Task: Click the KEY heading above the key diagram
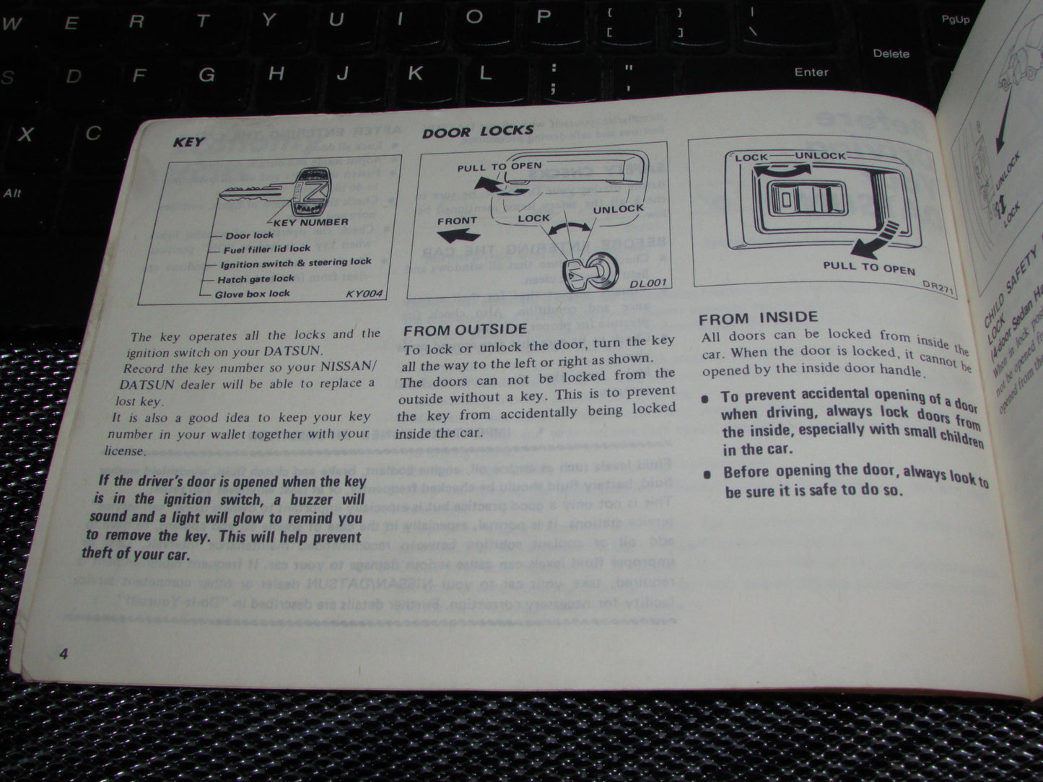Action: coord(188,142)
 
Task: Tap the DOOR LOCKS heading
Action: coord(478,131)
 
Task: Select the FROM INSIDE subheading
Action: coord(758,317)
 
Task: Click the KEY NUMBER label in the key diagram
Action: coord(311,222)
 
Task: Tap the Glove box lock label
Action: coord(252,294)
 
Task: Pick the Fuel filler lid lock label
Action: coord(266,249)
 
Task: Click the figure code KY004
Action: coord(364,294)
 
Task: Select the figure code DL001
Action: coord(647,284)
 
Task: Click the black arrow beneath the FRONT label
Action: coord(459,235)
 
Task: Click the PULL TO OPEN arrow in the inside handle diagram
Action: coord(873,242)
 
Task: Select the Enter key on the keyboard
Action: coord(811,72)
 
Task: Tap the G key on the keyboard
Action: coord(207,74)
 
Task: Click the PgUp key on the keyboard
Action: coord(955,19)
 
